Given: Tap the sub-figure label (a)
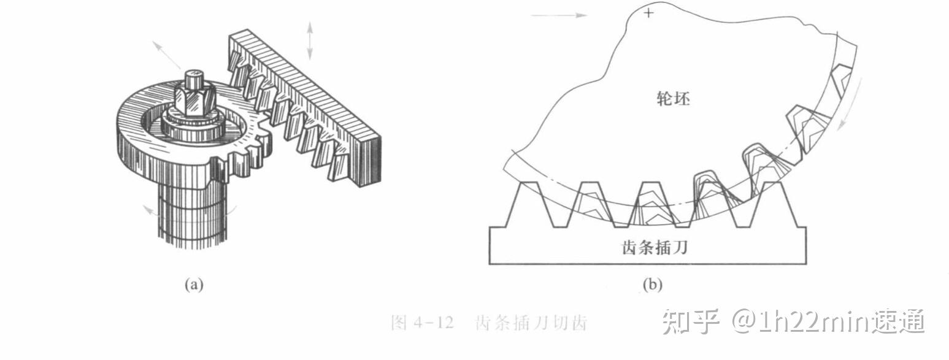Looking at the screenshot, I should tap(193, 285).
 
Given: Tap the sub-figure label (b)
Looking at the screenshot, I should tap(652, 285).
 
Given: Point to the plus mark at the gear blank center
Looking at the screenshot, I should tap(648, 12).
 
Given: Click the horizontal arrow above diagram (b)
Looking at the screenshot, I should tap(559, 15).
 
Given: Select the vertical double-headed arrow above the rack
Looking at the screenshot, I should tap(310, 40).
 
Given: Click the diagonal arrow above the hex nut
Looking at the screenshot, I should tap(167, 55).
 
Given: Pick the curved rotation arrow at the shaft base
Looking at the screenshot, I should tap(153, 212).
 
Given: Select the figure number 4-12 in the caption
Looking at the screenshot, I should tap(432, 323).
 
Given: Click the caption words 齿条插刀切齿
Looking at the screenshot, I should tap(531, 323).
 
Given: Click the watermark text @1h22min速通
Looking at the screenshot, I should tap(828, 321).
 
